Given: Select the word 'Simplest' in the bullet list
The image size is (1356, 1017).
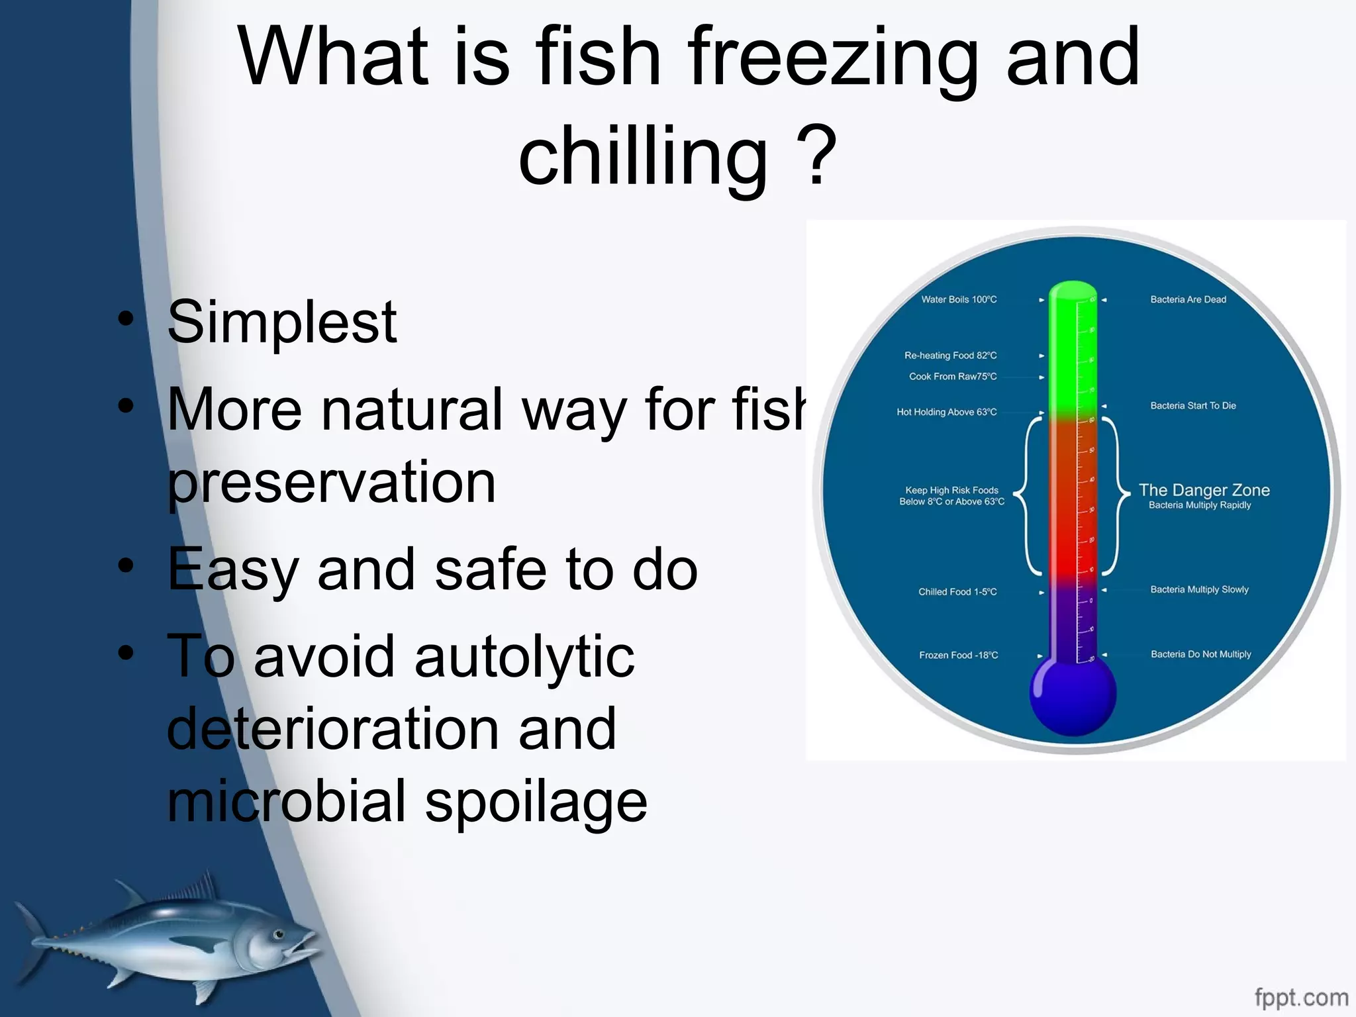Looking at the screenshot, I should (x=282, y=323).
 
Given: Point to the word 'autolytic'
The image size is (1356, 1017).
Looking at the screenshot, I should (x=444, y=657).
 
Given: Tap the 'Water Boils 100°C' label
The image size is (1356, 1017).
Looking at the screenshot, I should (x=958, y=300).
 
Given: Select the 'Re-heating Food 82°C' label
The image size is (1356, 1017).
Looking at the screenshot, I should (x=950, y=356).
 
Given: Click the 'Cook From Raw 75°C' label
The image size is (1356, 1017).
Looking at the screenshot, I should (x=952, y=377).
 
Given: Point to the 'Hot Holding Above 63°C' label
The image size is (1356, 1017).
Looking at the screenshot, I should (x=946, y=412).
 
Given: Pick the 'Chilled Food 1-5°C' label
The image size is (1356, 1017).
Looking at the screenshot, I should (x=957, y=592).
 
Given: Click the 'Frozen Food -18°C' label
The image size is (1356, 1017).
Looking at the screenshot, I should (x=958, y=655).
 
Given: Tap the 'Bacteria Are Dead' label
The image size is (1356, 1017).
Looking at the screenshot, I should (x=1188, y=300).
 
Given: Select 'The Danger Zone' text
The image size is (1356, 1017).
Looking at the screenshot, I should (x=1204, y=491).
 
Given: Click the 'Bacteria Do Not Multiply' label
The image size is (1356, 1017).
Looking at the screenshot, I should (x=1200, y=654).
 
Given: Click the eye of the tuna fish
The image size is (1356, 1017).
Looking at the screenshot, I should (x=279, y=934).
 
